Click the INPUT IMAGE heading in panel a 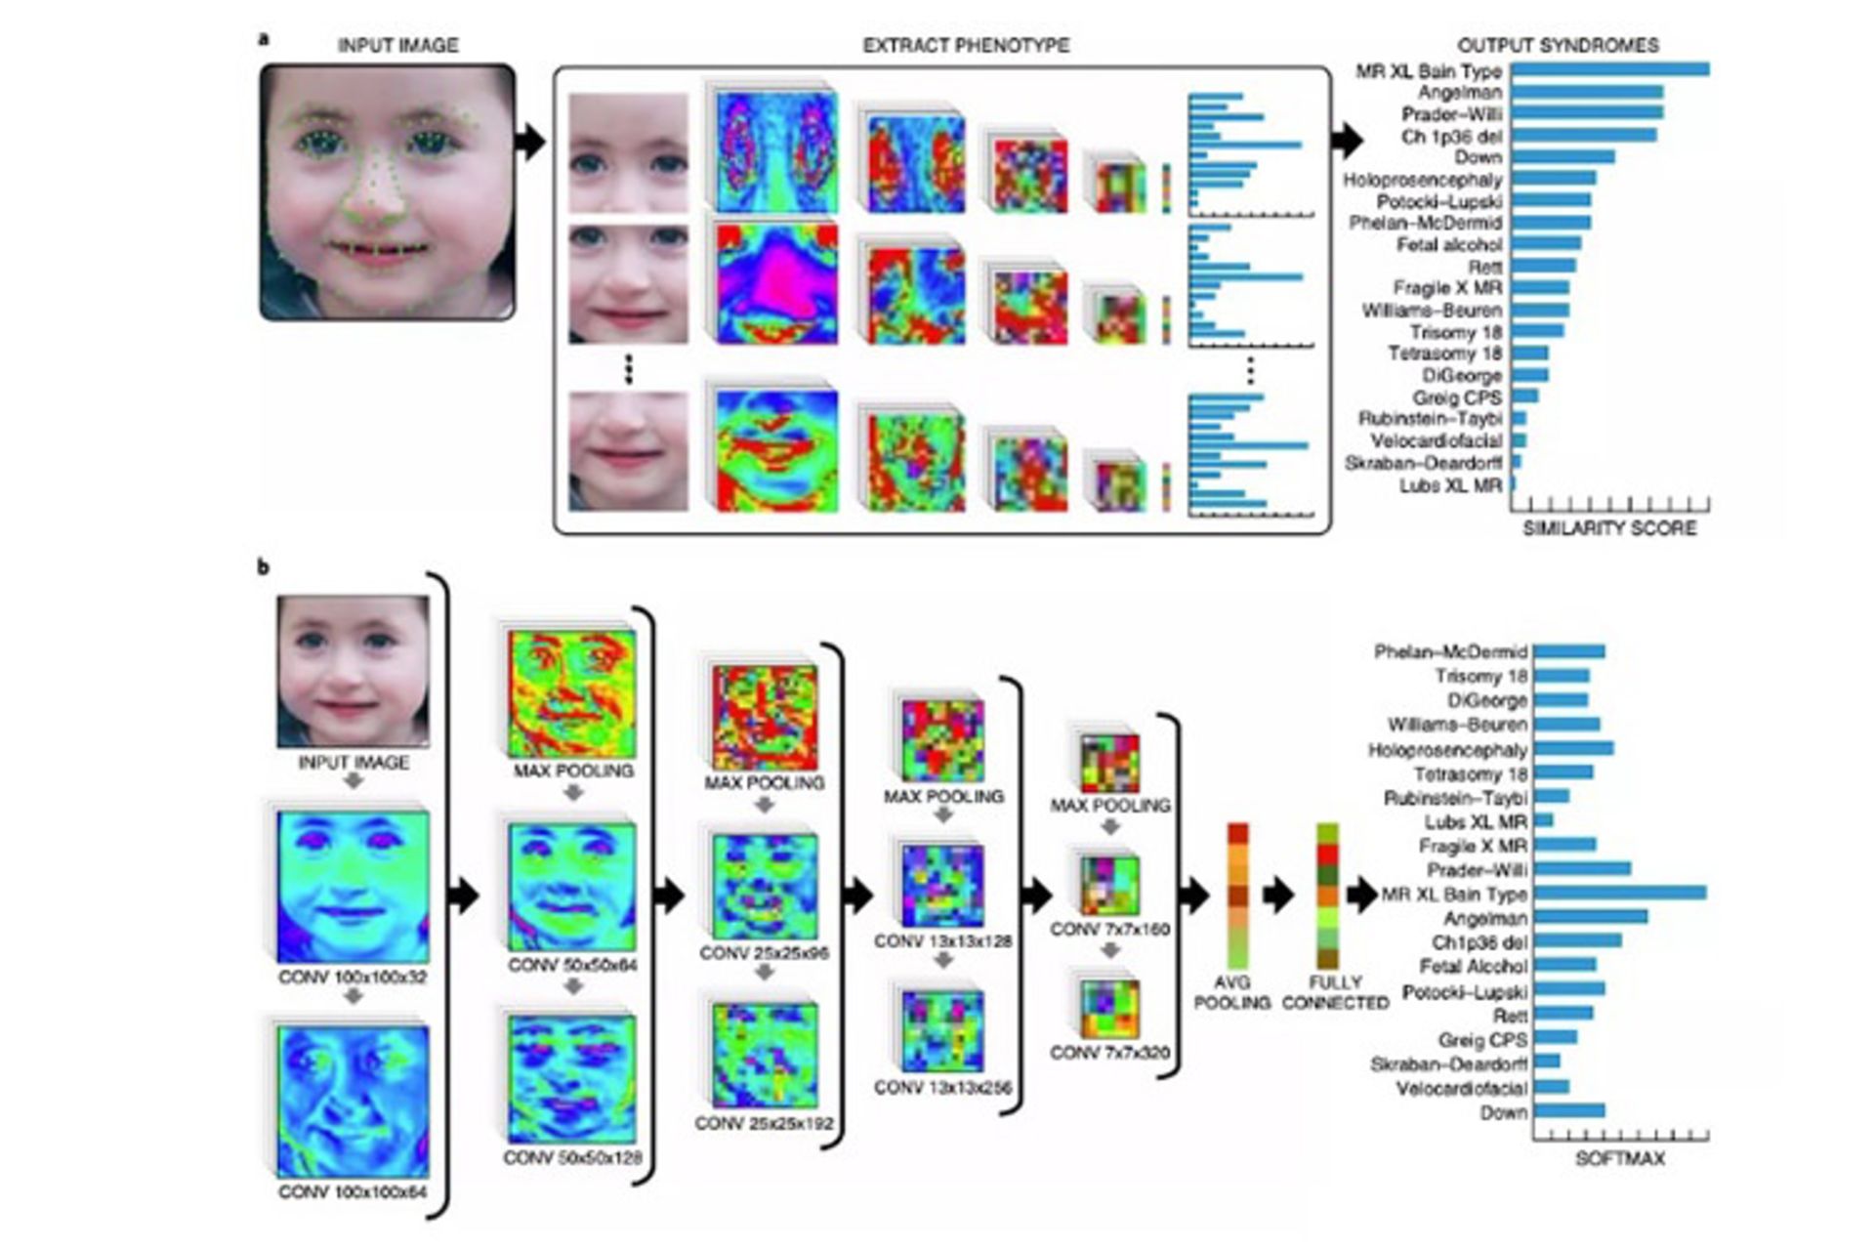click(x=397, y=46)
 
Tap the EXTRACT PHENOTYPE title click(x=966, y=46)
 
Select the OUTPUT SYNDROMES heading click(x=1558, y=46)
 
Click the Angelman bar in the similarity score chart click(x=1587, y=93)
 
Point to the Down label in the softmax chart click(x=1503, y=1112)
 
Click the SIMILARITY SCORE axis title click(x=1609, y=528)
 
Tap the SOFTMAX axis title click(x=1620, y=1159)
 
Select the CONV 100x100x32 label click(x=353, y=977)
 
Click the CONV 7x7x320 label click(x=1109, y=1053)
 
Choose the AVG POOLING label click(x=1231, y=992)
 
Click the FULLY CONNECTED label click(x=1335, y=992)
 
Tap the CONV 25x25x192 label click(x=764, y=1123)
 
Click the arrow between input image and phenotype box click(x=530, y=143)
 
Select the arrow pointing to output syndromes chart click(x=1348, y=141)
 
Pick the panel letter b click(x=263, y=567)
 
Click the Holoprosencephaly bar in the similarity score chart click(x=1554, y=179)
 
